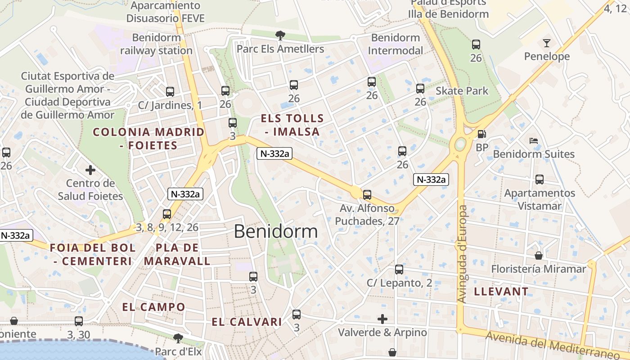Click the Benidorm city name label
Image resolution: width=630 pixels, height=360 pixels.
(x=275, y=231)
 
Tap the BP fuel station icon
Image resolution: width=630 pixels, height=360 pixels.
(x=481, y=134)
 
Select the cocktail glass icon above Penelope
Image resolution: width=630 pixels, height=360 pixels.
(x=546, y=43)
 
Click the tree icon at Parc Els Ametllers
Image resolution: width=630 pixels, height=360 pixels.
(x=280, y=35)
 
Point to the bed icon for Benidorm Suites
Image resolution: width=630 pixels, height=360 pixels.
(x=534, y=141)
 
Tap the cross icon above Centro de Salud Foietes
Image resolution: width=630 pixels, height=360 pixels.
(x=90, y=170)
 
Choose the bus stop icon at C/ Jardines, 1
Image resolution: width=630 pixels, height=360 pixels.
(x=170, y=92)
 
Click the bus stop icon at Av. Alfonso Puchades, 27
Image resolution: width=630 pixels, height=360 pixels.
(x=367, y=195)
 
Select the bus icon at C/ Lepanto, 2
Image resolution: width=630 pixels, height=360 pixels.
(x=399, y=270)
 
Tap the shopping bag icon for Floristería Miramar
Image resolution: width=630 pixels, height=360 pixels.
(x=539, y=256)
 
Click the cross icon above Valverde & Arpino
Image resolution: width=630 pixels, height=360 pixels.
(x=382, y=319)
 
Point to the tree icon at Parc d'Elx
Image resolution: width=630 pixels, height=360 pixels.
(x=178, y=338)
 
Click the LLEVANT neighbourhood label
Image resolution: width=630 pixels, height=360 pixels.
(x=501, y=292)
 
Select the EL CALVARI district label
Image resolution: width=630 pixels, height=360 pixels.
(x=247, y=322)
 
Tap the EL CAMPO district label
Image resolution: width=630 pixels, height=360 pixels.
(x=153, y=307)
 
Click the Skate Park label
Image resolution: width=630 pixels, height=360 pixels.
(x=462, y=91)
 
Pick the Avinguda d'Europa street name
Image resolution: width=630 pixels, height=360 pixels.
(x=462, y=254)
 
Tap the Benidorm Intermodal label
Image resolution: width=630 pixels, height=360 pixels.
(x=396, y=44)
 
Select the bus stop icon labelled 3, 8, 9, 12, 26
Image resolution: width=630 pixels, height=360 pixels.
(x=167, y=214)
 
